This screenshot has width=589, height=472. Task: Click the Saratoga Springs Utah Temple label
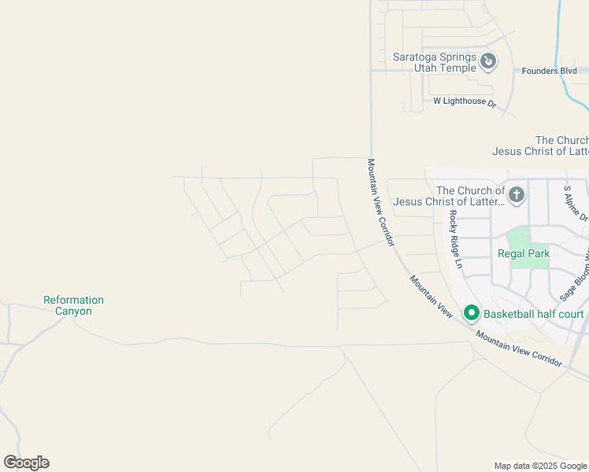(435, 62)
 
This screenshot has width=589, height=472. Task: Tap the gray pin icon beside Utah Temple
(488, 60)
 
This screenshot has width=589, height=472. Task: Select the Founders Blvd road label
(550, 71)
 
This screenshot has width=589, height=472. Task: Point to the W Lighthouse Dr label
(465, 102)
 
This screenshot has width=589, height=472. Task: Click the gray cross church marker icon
(517, 194)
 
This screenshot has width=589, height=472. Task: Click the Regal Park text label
(524, 253)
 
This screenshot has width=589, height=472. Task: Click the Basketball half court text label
(533, 314)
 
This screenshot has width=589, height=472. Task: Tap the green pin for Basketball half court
(472, 313)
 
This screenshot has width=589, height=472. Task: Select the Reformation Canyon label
(73, 305)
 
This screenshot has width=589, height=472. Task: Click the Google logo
(26, 463)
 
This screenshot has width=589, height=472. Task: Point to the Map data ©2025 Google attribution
(541, 466)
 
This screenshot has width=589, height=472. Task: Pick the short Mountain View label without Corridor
(430, 296)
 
